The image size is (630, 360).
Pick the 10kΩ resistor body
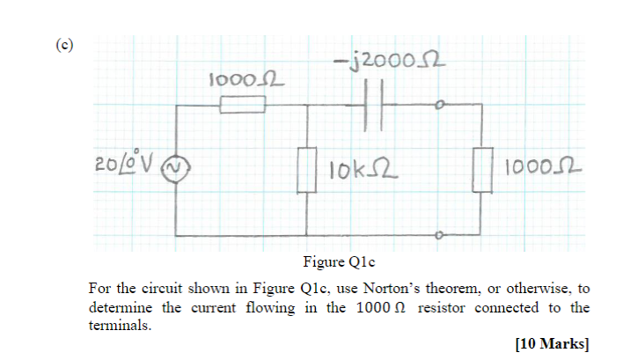[x=307, y=170]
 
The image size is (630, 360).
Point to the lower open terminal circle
[x=439, y=236]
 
